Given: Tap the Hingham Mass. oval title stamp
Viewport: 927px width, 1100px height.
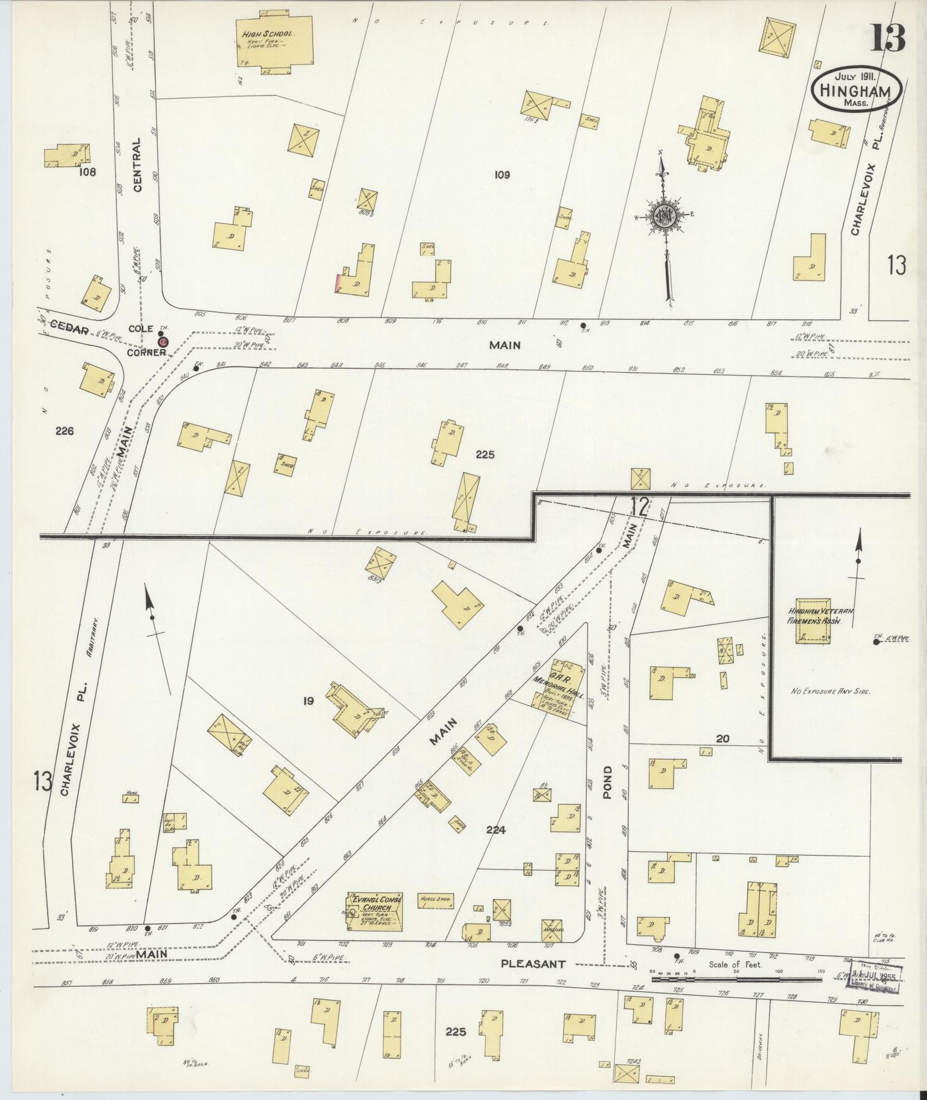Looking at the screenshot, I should (856, 91).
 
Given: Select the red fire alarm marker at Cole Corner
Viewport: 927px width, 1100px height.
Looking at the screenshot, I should (163, 342).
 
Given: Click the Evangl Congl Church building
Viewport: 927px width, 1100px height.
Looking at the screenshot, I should (375, 911).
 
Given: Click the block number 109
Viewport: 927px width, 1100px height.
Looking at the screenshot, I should (502, 175).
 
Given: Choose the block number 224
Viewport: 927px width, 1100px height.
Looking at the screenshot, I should (496, 830).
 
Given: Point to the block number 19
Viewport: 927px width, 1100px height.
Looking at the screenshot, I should (309, 701).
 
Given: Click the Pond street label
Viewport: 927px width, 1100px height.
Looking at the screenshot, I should (608, 781).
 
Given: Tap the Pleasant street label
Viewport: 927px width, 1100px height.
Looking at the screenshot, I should (533, 963).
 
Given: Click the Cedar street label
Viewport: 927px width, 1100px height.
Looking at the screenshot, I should (69, 329).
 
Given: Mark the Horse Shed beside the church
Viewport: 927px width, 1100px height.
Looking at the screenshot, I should (436, 900).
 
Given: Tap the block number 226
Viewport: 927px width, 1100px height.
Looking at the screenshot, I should (65, 431).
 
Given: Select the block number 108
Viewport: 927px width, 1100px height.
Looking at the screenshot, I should (87, 172).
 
